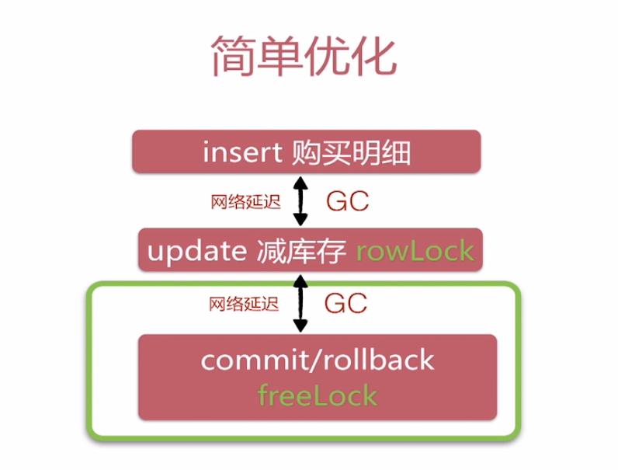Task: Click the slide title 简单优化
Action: point(304,56)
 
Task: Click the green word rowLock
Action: point(415,250)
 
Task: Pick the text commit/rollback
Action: point(317,360)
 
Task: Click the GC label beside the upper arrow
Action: point(346,201)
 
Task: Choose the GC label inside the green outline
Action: point(346,303)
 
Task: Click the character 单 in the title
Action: point(281,56)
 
